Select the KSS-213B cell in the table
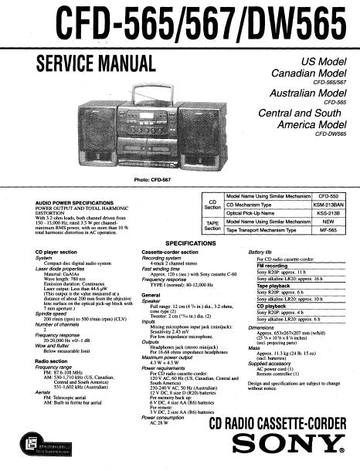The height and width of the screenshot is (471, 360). [328, 214]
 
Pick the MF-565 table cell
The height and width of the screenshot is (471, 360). [329, 230]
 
